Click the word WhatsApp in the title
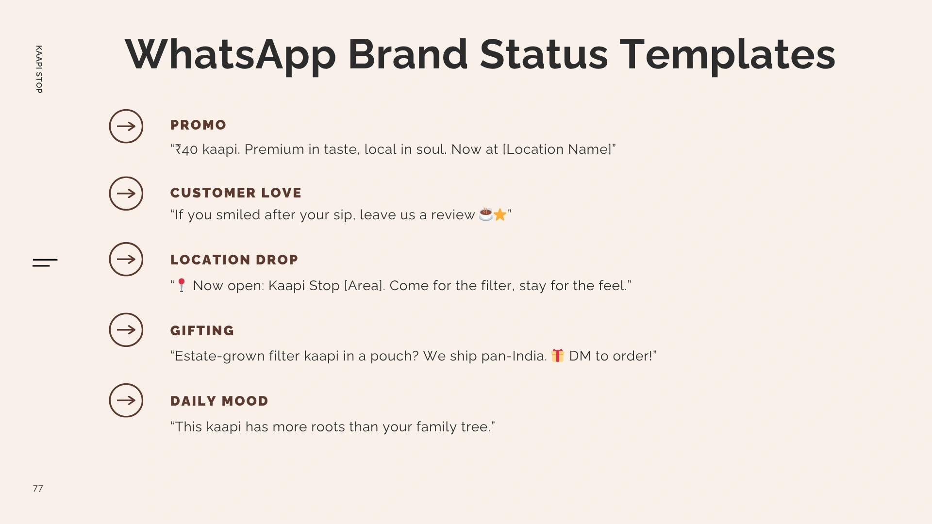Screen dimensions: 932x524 pos(231,55)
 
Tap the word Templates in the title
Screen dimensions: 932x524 pos(728,55)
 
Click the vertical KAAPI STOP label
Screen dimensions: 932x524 pos(39,69)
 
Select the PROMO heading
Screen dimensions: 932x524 pos(198,125)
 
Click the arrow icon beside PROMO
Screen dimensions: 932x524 pos(126,126)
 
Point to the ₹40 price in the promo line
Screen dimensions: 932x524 pos(186,149)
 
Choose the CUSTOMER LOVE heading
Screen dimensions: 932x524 pos(236,193)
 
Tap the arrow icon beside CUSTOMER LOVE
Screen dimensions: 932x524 pos(126,194)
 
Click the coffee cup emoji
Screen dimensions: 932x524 pos(486,214)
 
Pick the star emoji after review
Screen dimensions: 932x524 pos(500,214)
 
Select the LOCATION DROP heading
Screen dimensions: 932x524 pos(234,260)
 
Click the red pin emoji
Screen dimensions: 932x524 pos(182,285)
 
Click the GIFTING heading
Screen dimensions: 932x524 pos(202,331)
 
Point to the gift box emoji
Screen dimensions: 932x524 pos(558,356)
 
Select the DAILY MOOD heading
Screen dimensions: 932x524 pos(219,401)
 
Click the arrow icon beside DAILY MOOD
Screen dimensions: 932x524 pos(126,400)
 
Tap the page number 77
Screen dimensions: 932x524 pos(38,489)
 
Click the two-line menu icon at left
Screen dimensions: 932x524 pos(45,262)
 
